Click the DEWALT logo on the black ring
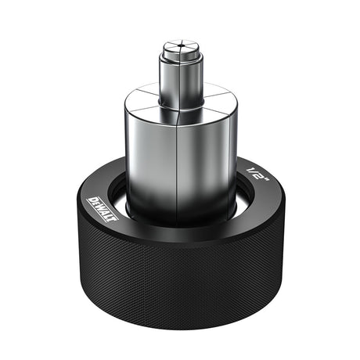pos(103,210)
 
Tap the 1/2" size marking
pos(257,175)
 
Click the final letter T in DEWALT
pos(113,218)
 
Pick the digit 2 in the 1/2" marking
pos(260,177)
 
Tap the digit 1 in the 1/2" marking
pos(250,170)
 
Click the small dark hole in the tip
pos(180,46)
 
